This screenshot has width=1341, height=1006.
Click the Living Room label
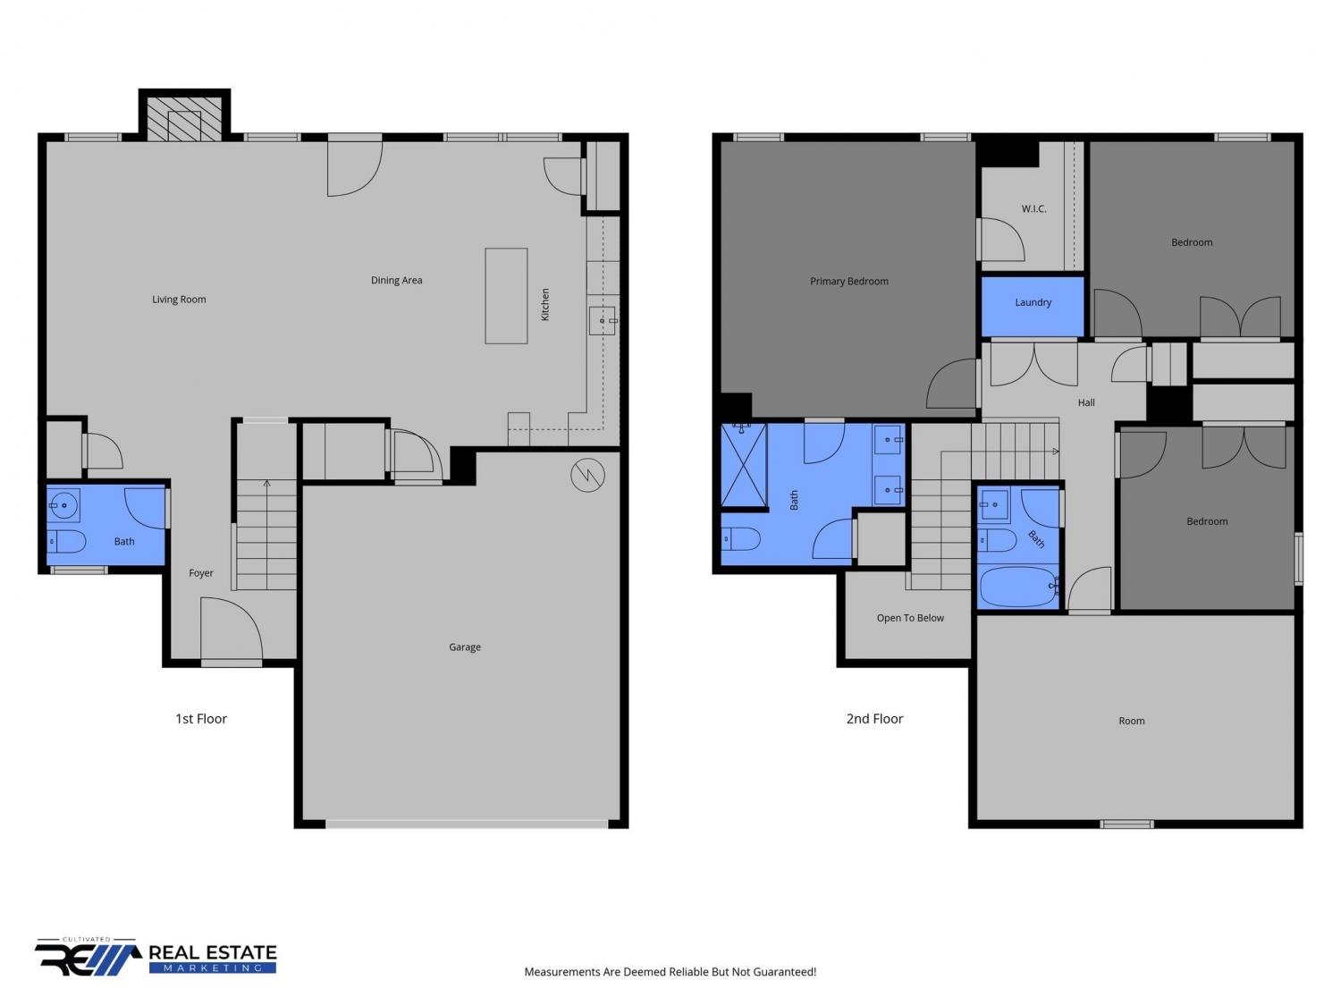[179, 300]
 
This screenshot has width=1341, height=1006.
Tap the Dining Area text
[397, 281]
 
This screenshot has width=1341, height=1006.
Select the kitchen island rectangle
[507, 296]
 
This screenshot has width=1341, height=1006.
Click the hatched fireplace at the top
[184, 118]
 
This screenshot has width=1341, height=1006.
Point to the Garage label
[465, 647]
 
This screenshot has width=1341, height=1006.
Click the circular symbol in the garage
[587, 475]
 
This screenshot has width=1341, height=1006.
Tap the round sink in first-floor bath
[63, 505]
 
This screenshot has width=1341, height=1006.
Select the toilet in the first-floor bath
[67, 541]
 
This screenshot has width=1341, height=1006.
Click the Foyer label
[201, 573]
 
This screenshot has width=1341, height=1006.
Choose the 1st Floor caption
[201, 719]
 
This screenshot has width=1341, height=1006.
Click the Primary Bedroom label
[849, 282]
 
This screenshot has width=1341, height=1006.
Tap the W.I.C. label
[1033, 209]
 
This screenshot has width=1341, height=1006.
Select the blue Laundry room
[1033, 307]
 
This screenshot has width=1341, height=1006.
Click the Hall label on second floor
[1086, 402]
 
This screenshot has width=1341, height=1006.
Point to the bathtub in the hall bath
[1018, 587]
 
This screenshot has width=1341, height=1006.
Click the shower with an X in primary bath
[744, 465]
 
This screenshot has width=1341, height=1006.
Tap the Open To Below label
[910, 618]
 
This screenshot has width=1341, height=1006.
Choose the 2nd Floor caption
[875, 719]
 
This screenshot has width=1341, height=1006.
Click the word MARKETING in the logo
[213, 968]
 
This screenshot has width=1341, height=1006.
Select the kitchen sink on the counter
[603, 321]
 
